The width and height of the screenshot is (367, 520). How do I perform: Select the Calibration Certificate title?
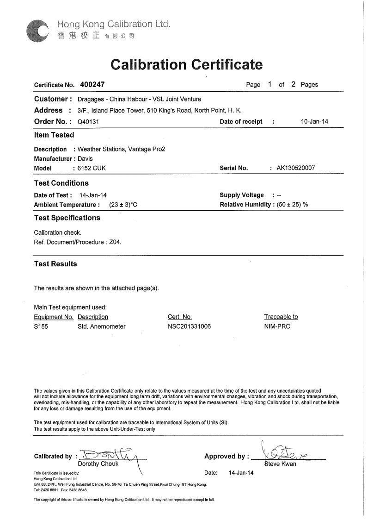coord(187,64)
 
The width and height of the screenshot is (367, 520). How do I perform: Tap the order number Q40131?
coord(89,122)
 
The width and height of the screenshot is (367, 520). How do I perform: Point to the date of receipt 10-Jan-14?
coord(314,122)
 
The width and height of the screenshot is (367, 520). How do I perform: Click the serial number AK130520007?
coord(295,168)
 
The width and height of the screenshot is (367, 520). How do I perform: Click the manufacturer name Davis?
coord(85,159)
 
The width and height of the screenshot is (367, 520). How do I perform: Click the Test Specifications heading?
coord(67,218)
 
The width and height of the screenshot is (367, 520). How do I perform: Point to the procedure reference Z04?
coord(115,242)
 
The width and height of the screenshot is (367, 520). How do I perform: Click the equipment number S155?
coord(41,326)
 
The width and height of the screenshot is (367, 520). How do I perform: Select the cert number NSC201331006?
coord(189,326)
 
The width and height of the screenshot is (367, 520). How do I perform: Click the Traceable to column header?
coord(281,317)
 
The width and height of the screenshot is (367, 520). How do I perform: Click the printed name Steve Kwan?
coord(280,464)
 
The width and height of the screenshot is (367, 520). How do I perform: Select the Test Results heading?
coord(55,264)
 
